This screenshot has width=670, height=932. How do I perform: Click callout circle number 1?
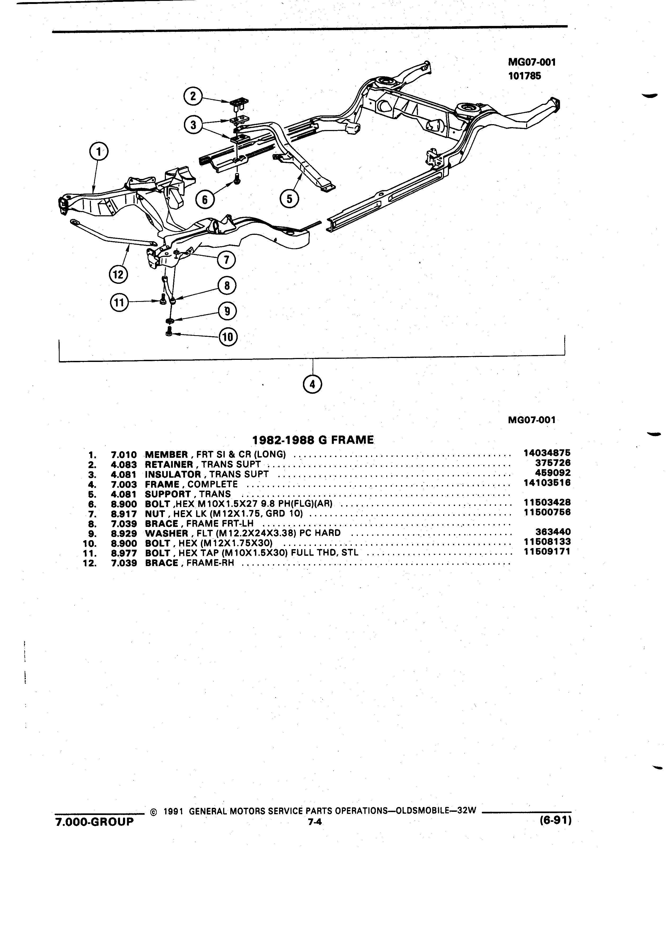[98, 152]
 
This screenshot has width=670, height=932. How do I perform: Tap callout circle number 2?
[193, 97]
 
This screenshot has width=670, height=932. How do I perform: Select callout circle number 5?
[290, 199]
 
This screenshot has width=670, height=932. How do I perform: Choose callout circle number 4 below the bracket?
[312, 384]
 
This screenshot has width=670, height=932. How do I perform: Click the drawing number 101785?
[525, 76]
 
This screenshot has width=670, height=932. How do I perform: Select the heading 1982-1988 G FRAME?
[313, 440]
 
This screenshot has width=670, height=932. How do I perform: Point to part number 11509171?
[547, 552]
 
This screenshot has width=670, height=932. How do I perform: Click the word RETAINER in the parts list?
[169, 464]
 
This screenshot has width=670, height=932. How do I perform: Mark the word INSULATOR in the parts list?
[173, 474]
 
